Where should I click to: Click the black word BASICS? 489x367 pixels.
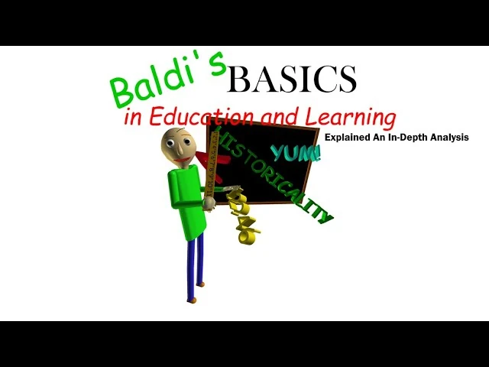[291, 79]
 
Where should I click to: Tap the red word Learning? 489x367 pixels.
[351, 118]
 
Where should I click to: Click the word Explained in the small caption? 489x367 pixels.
[348, 138]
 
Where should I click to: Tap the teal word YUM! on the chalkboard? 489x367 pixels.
[296, 153]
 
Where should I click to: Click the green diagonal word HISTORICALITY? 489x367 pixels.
[277, 174]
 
